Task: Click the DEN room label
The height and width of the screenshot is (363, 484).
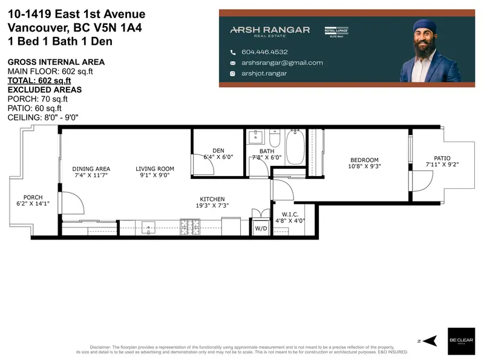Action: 218,151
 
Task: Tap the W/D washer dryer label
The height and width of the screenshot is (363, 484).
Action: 261,229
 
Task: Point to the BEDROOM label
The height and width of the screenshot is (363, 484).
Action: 364,159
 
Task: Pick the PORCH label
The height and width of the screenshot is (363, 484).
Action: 33,197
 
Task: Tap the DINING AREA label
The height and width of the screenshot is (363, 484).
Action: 91,169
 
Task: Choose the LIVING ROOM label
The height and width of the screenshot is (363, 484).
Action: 154,169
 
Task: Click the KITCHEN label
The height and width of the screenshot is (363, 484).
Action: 212,199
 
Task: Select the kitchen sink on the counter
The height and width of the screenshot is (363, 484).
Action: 149,227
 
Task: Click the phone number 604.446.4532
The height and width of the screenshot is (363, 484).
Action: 265,52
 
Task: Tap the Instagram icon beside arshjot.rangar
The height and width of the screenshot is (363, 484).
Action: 232,74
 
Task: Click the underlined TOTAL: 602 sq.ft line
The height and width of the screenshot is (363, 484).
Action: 39,80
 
